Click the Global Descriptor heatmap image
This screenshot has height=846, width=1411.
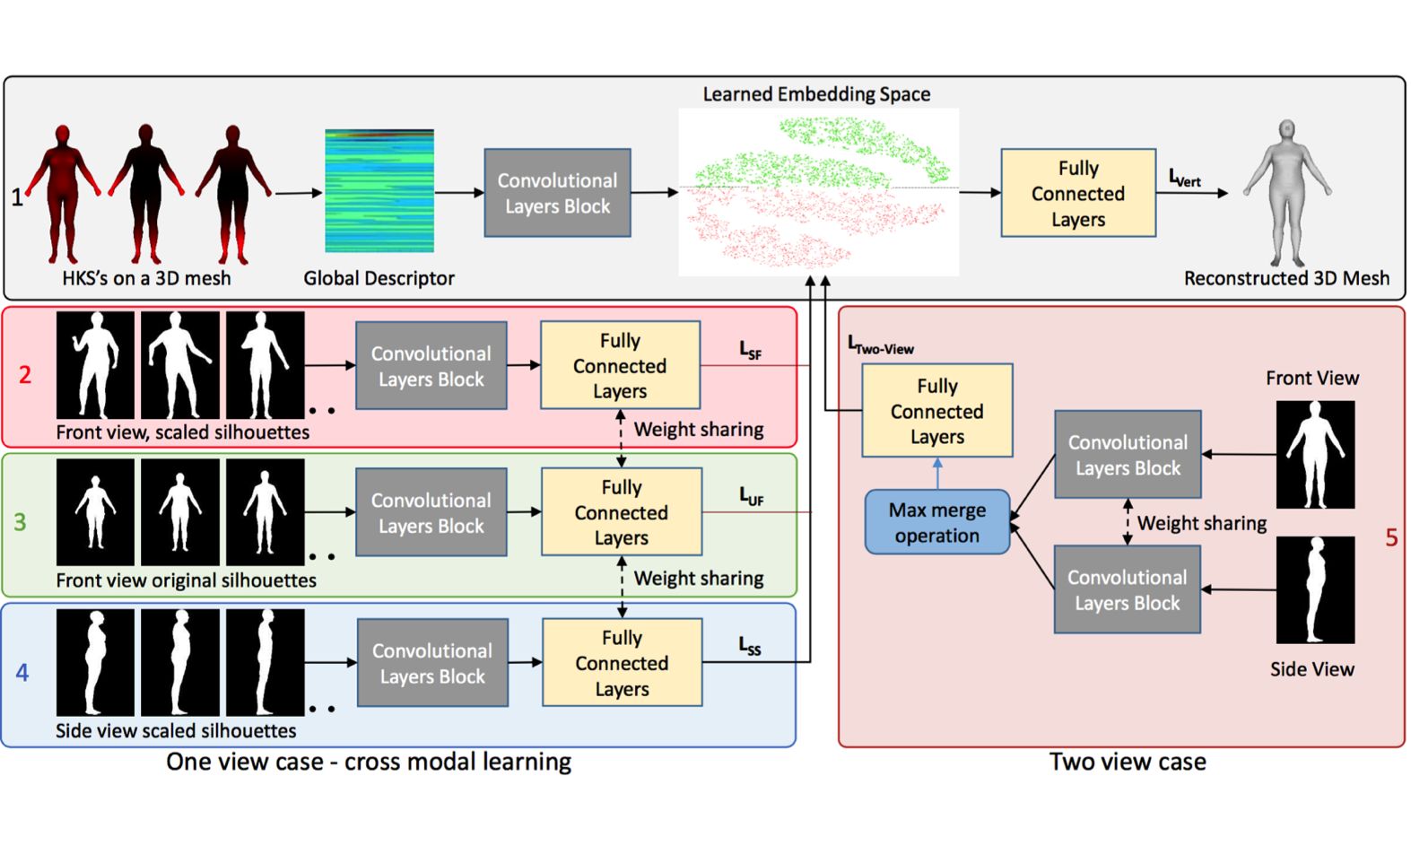click(379, 191)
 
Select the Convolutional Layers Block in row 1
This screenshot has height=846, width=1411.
click(557, 193)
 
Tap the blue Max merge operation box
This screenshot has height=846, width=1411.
click(937, 522)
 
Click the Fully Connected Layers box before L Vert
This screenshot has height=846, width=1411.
click(1077, 193)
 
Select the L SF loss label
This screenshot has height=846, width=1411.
click(750, 350)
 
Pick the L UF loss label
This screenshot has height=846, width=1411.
click(751, 496)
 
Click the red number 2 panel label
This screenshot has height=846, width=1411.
click(25, 374)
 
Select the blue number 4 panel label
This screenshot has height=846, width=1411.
click(22, 672)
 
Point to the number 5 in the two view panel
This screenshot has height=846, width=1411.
click(1390, 537)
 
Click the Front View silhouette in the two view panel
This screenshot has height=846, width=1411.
click(1314, 454)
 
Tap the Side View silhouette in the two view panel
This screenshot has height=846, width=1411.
click(1314, 589)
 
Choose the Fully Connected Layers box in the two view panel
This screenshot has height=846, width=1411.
click(936, 411)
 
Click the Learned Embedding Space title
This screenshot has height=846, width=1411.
click(815, 94)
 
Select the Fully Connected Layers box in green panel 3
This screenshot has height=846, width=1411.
click(621, 512)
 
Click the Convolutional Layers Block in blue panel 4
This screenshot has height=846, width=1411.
click(432, 663)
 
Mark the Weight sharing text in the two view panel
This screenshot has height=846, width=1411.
click(1201, 523)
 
